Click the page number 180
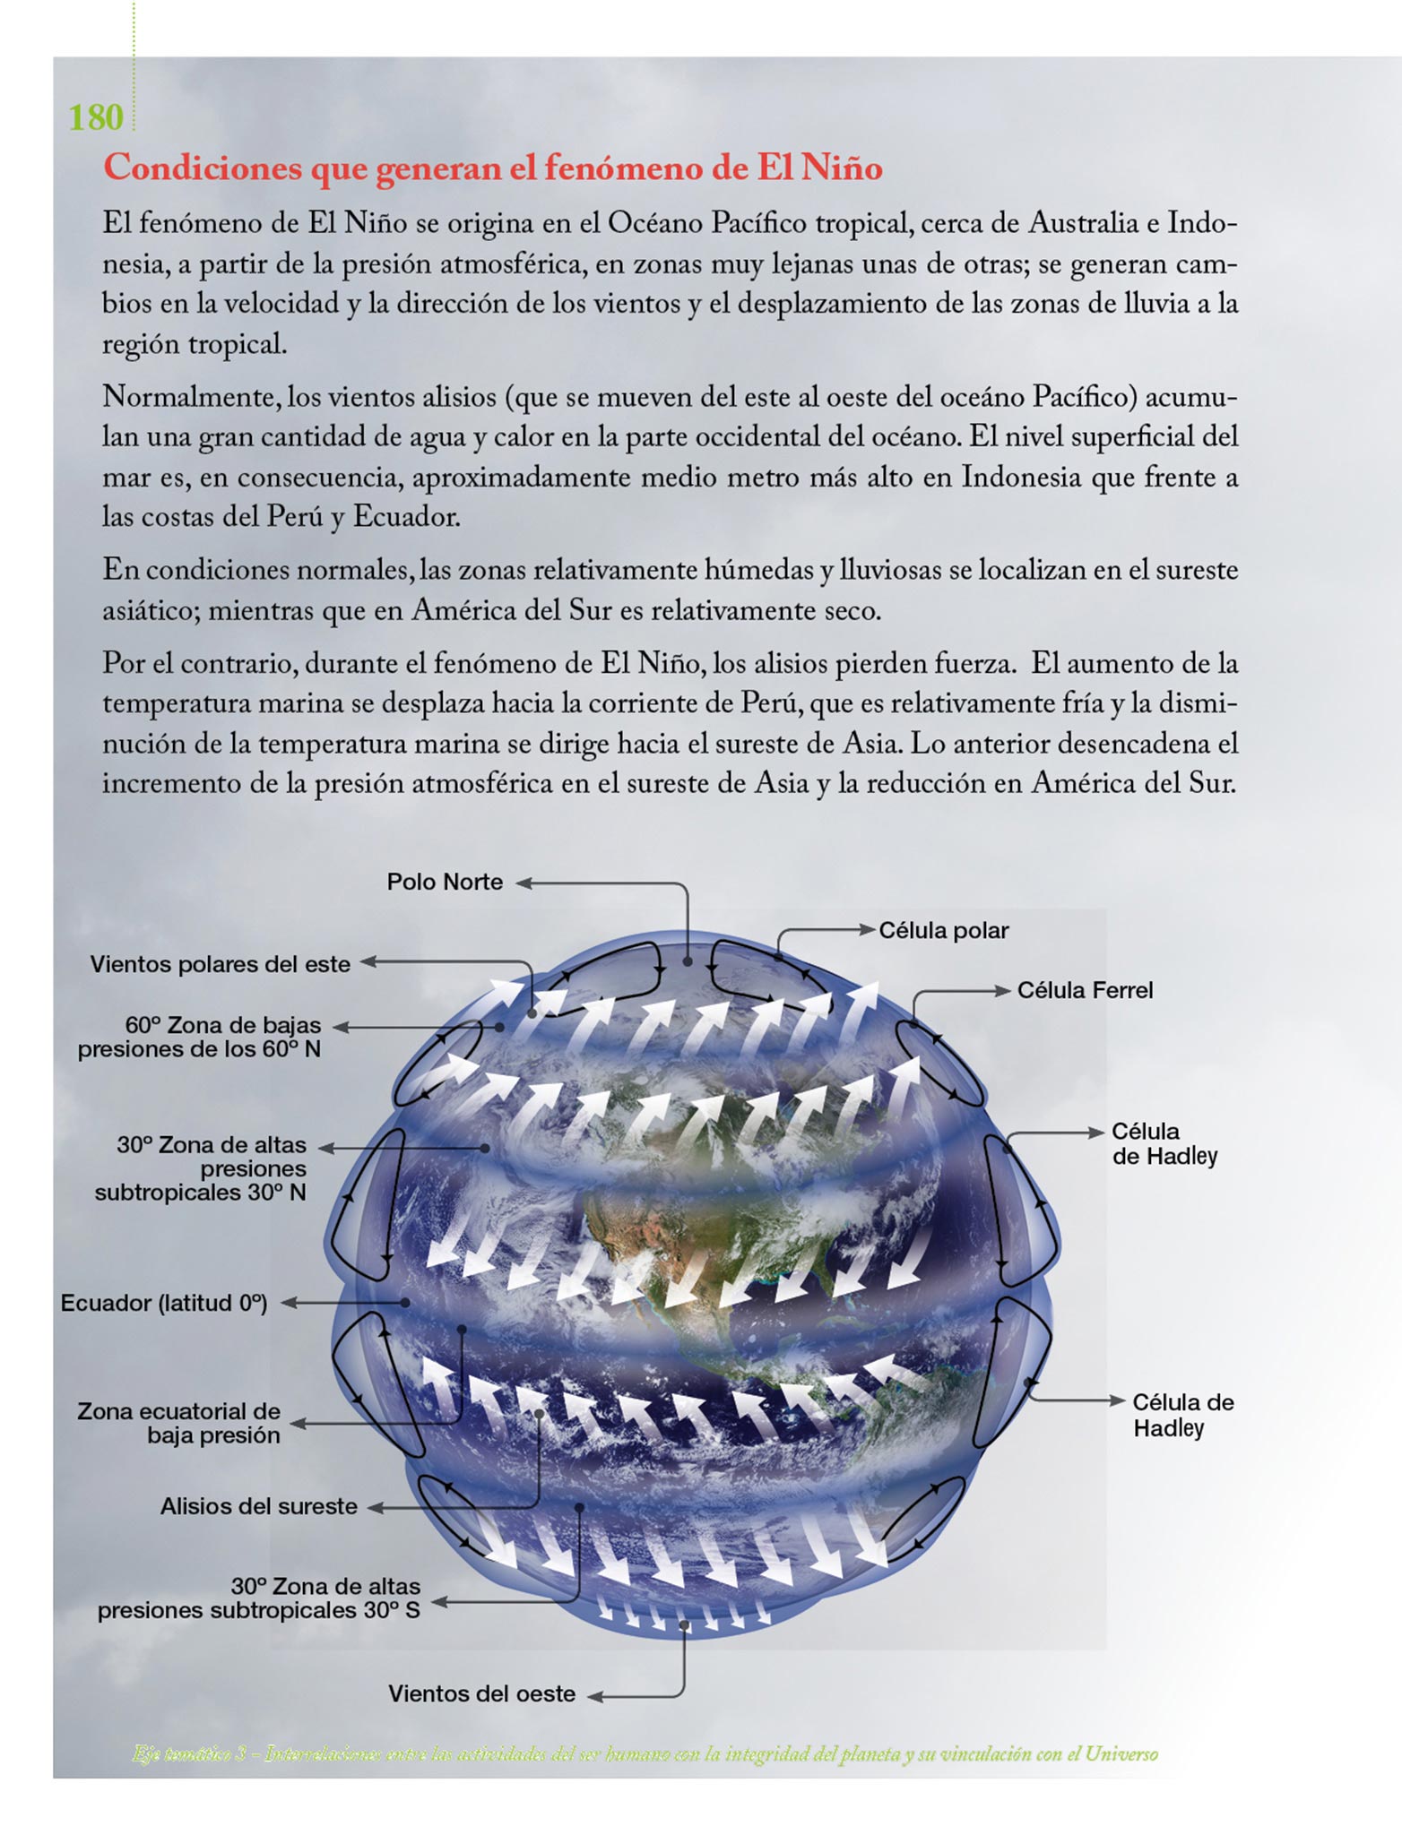[x=96, y=117]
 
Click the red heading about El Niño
[x=492, y=168]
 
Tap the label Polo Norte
[x=445, y=882]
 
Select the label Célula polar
[x=943, y=930]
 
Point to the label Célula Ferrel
[x=1085, y=990]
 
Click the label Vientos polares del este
[x=220, y=964]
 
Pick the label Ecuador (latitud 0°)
[x=164, y=1303]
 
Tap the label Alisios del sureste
[x=258, y=1506]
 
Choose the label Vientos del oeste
[x=481, y=1693]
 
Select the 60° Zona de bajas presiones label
[x=199, y=1037]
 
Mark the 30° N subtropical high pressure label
[x=201, y=1168]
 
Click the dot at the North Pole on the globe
[x=687, y=961]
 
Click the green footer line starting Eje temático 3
[x=645, y=1753]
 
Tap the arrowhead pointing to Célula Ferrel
[x=1003, y=990]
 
